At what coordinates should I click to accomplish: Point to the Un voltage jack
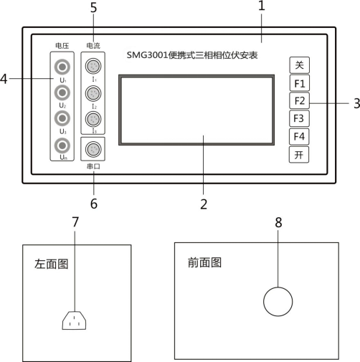click(x=62, y=146)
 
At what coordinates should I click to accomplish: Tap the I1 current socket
click(x=93, y=67)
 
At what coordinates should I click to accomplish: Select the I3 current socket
click(x=93, y=119)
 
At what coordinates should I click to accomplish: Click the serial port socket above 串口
click(x=93, y=151)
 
